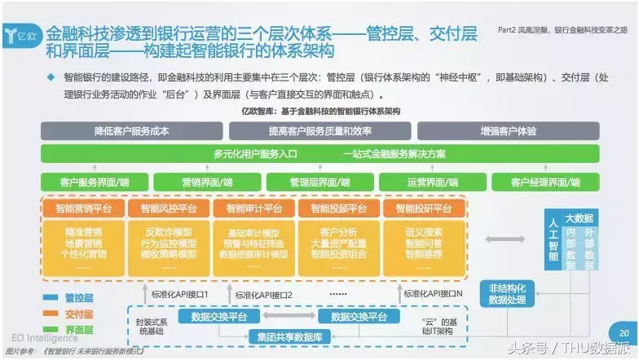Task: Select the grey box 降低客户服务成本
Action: (x=131, y=130)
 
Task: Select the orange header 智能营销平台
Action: (x=85, y=209)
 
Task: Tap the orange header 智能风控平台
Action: (x=170, y=209)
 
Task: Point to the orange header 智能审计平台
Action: (x=253, y=209)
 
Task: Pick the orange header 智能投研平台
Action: (x=423, y=209)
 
